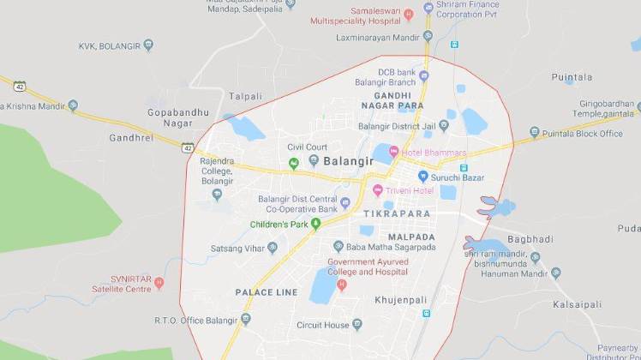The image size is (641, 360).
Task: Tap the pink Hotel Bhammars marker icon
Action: point(393,153)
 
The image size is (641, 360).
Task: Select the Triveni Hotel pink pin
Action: point(377,189)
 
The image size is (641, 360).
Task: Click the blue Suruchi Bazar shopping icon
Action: point(422,177)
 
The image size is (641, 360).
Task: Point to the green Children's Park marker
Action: point(315,225)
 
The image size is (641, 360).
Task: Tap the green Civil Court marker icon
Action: point(293,162)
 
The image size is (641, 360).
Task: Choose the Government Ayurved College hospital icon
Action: point(342,285)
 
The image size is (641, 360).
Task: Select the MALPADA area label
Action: point(411,237)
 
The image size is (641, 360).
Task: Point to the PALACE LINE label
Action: point(267,292)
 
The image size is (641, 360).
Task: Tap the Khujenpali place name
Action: point(401,300)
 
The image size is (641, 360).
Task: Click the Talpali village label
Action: point(246,97)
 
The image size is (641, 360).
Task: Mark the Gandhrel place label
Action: point(131,137)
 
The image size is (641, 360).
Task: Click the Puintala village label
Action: point(572,77)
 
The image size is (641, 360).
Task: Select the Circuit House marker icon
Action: point(356,325)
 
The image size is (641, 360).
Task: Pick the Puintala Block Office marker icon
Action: point(534,134)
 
